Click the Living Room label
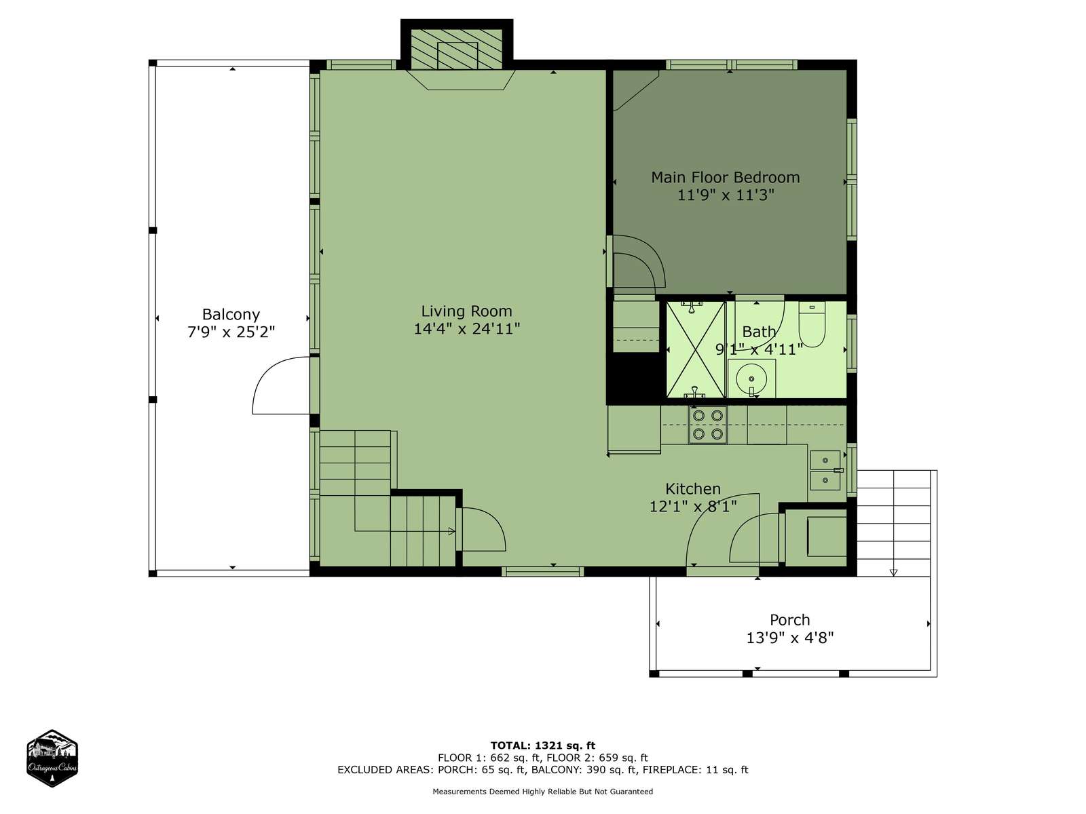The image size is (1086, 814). tap(466, 311)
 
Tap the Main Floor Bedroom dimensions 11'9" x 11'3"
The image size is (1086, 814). tap(725, 195)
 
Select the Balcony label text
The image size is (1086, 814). tap(231, 315)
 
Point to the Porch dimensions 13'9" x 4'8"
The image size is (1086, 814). tap(789, 638)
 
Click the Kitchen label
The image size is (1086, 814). tap(692, 489)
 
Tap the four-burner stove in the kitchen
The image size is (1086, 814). tap(707, 425)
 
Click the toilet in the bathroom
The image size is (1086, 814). tap(812, 325)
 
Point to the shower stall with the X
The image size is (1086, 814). tap(696, 350)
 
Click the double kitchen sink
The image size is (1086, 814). tap(825, 470)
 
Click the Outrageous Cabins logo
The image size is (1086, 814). tap(52, 758)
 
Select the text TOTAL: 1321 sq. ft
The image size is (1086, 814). tap(543, 745)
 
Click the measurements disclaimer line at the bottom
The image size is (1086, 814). tap(543, 791)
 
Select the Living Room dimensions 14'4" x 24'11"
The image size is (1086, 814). tap(466, 329)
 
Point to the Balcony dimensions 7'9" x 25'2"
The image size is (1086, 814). tap(231, 332)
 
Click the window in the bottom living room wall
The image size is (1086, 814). tap(543, 572)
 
